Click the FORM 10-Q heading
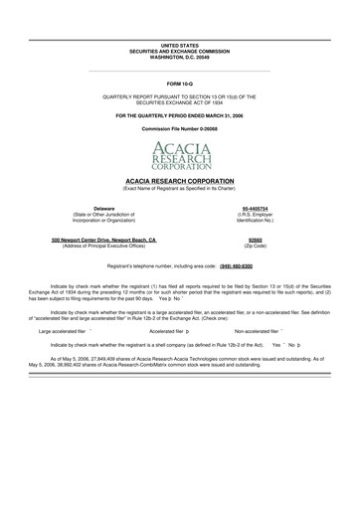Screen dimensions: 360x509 pyautogui.click(x=179, y=82)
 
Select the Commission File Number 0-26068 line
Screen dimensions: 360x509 pyautogui.click(x=179, y=131)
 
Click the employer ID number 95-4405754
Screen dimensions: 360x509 pyautogui.click(x=255, y=207)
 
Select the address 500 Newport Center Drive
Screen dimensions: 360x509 pyautogui.click(x=103, y=239)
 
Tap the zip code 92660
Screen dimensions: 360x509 pyautogui.click(x=255, y=239)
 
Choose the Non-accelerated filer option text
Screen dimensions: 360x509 pyautogui.click(x=257, y=330)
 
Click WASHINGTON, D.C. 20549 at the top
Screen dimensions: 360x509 pyautogui.click(x=179, y=58)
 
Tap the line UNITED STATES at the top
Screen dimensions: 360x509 pyautogui.click(x=179, y=46)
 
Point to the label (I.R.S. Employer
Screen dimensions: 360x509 pyautogui.click(x=255, y=213)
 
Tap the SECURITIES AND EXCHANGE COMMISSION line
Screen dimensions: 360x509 pyautogui.click(x=179, y=52)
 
